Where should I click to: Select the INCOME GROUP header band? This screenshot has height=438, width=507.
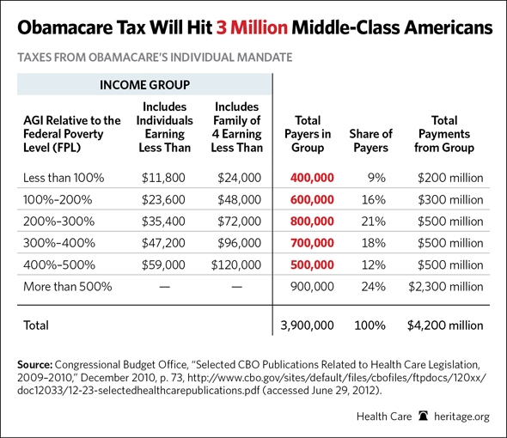[x=144, y=86]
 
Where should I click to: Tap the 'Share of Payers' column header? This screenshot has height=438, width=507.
[x=370, y=140]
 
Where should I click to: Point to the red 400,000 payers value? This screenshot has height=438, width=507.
[x=312, y=178]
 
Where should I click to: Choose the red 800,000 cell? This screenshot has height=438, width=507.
[x=312, y=222]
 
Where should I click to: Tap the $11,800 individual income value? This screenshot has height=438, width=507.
[x=163, y=178]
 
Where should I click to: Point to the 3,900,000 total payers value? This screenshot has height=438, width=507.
[x=308, y=325]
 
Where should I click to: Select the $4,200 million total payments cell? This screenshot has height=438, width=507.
[x=448, y=325]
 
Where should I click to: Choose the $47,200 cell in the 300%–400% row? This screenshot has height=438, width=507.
[x=163, y=244]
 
